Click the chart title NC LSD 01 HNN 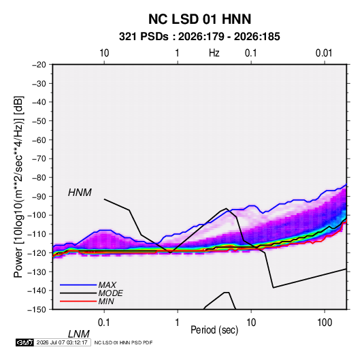pos(199,19)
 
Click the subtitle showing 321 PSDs pos(199,37)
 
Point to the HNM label pos(80,193)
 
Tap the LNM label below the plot pos(79,334)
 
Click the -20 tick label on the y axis pos(39,65)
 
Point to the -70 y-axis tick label pos(39,159)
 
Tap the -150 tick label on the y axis pos(37,310)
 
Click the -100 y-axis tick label pos(37,215)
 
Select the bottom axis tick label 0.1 pos(104,323)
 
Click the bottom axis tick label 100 pos(325,323)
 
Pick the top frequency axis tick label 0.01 pos(324,53)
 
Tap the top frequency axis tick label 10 pos(104,53)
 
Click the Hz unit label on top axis pos(214,53)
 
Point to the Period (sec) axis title pos(214,330)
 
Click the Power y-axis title pos(18,186)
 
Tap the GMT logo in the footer pos(25,342)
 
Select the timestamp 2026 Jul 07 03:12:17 pos(62,342)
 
